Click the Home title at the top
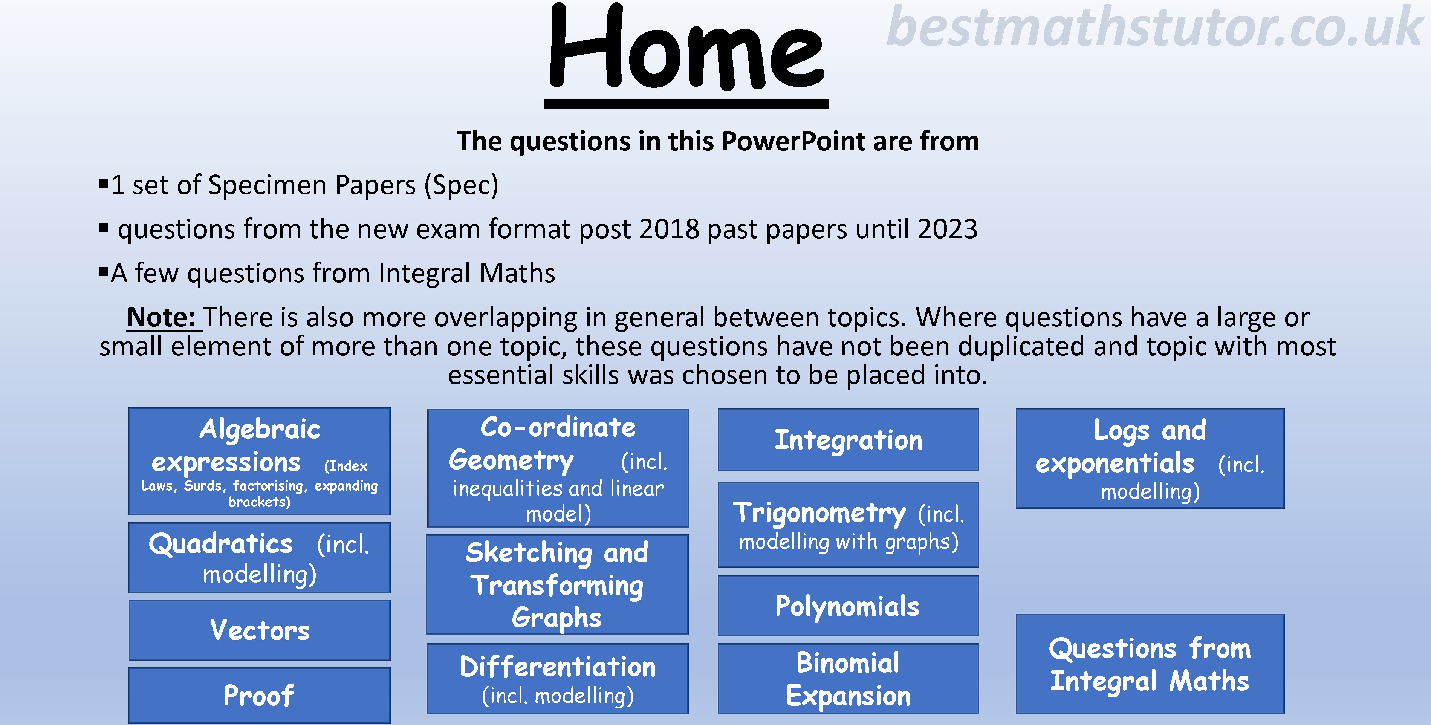click(686, 47)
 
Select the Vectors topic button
click(260, 630)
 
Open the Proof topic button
click(260, 695)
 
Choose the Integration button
click(848, 440)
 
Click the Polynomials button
click(848, 606)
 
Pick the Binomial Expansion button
click(848, 678)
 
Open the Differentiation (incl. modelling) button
click(557, 678)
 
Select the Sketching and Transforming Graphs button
click(557, 584)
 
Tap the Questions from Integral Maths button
click(1150, 664)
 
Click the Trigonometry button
click(848, 525)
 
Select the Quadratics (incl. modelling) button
click(260, 558)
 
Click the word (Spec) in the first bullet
click(461, 185)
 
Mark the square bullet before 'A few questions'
click(103, 272)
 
